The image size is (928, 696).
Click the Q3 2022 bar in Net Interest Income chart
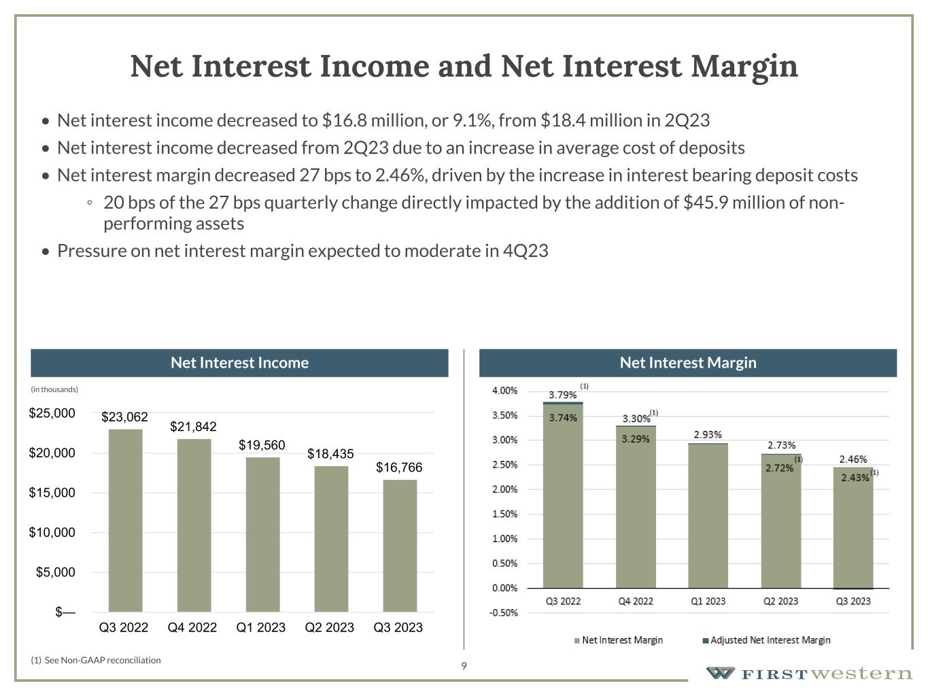tap(125, 520)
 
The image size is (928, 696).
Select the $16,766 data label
tap(399, 468)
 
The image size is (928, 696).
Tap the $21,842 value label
tap(193, 427)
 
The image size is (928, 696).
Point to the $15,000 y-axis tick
tap(52, 493)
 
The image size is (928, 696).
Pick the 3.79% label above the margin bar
tap(562, 395)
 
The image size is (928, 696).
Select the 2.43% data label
tap(855, 478)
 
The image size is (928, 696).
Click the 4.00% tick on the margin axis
tap(504, 391)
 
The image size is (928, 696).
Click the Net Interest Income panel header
tap(239, 363)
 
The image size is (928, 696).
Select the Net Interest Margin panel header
tap(687, 363)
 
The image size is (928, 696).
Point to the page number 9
tap(464, 666)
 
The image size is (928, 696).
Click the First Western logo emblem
tap(720, 674)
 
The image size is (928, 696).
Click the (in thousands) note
tap(54, 389)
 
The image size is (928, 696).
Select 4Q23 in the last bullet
tap(526, 251)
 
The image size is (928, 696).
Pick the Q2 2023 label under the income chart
tap(329, 627)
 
